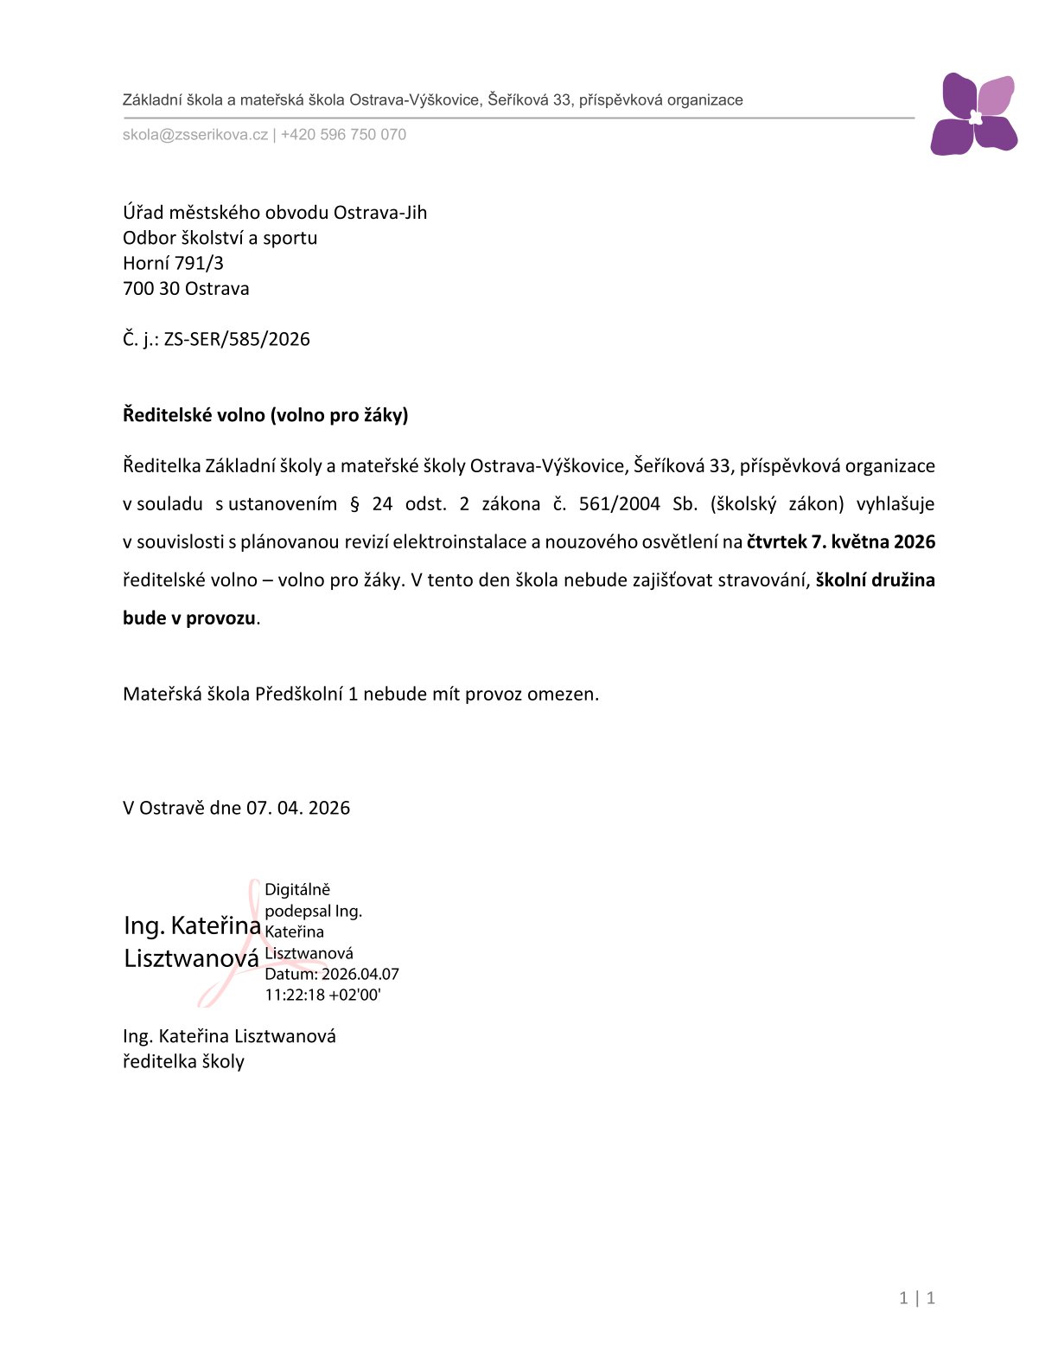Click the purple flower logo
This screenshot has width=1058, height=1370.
tap(973, 114)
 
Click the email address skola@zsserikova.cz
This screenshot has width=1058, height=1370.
tap(195, 135)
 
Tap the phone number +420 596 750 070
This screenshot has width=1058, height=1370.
tap(343, 135)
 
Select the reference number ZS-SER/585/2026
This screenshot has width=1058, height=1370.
tap(237, 339)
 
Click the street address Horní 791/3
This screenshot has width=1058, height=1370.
tap(173, 263)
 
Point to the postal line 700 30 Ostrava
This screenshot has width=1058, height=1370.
tap(186, 289)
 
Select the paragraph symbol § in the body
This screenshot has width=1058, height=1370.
tap(354, 504)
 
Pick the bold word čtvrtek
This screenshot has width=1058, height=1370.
tap(775, 542)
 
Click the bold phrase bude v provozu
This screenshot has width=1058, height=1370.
tap(189, 618)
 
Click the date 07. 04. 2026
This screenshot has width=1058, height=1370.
tap(298, 809)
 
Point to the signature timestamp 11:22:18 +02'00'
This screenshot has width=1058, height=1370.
tap(322, 995)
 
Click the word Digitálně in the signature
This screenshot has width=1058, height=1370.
tap(297, 890)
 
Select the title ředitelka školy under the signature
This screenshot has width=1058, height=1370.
tap(183, 1062)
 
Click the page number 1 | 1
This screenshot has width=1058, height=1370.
tap(917, 1297)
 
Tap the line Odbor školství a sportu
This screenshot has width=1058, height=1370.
tap(220, 238)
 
